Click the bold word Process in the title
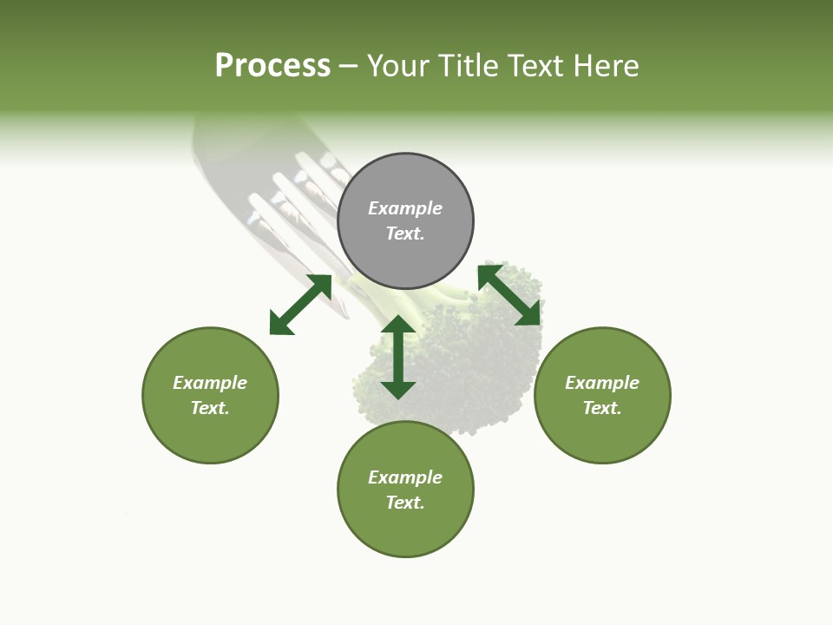272,66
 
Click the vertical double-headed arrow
398,357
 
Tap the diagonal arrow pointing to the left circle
300,305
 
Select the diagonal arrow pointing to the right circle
509,295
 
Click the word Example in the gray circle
405,208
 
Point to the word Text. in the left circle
210,408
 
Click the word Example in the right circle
602,383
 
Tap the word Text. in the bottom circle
405,503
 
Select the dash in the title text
349,66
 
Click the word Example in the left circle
210,383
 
